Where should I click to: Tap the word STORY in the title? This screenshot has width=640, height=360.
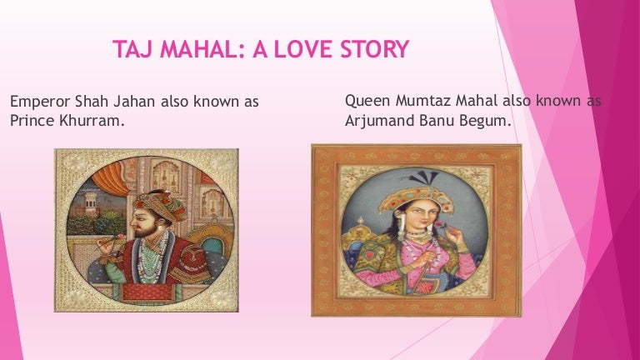375,49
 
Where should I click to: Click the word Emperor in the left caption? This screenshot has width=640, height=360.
40,102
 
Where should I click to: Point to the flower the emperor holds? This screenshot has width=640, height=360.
121,237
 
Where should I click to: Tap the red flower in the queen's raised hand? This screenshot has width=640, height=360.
440,224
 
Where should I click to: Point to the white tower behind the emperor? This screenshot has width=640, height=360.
91,200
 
